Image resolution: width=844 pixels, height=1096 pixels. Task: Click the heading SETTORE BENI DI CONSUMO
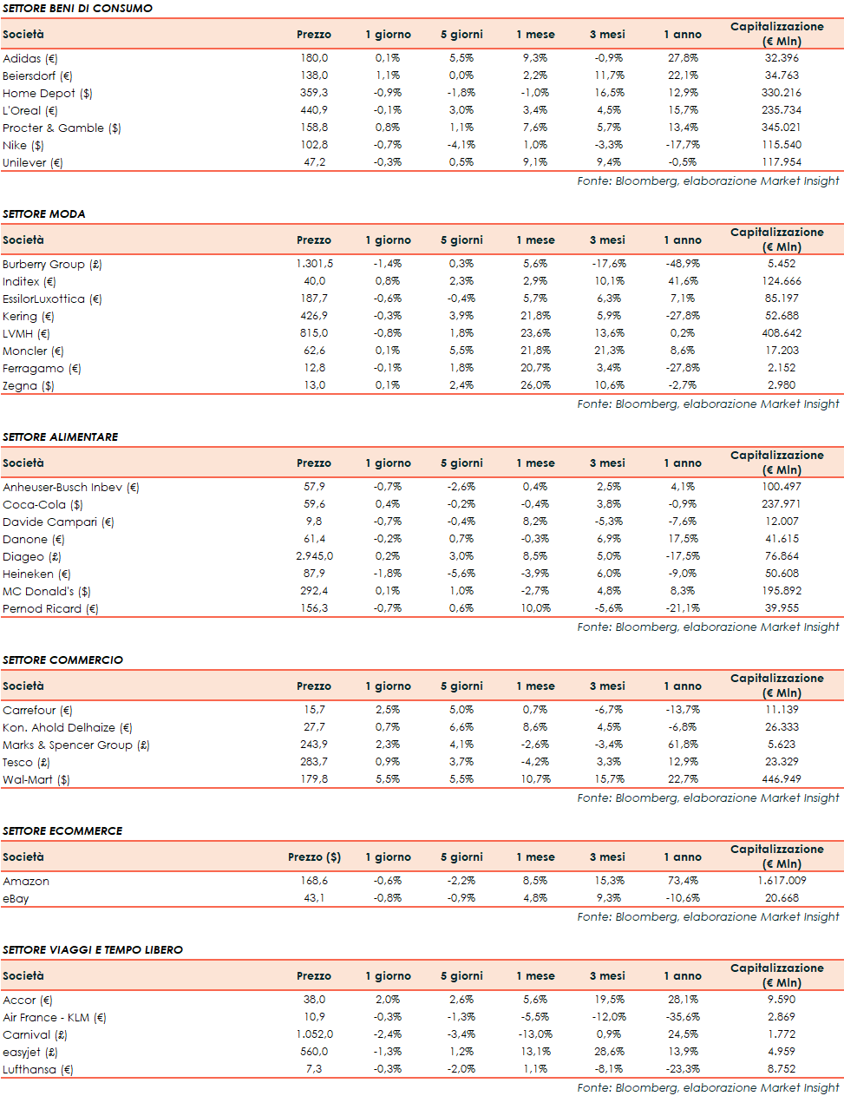click(x=77, y=8)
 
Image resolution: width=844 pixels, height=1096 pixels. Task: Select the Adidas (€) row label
click(x=30, y=58)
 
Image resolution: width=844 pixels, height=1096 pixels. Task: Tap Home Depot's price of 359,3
click(x=314, y=93)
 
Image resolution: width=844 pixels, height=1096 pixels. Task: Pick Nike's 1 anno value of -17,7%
click(x=683, y=145)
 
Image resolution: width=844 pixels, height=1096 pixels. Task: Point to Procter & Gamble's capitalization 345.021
click(x=781, y=128)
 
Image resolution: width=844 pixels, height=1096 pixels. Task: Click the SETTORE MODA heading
click(x=44, y=213)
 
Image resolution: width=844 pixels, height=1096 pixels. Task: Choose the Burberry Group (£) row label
click(x=52, y=264)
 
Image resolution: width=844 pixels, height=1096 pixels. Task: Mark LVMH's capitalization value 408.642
click(x=781, y=333)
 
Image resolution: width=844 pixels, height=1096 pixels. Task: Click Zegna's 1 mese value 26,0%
click(x=535, y=385)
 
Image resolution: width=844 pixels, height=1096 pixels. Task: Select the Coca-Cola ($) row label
click(x=43, y=504)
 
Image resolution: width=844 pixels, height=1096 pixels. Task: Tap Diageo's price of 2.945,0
click(x=314, y=556)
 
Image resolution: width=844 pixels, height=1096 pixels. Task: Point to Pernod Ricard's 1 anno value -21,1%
click(x=683, y=608)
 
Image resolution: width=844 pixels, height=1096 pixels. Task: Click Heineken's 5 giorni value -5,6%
click(x=461, y=574)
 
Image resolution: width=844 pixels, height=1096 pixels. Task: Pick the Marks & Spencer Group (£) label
click(x=75, y=745)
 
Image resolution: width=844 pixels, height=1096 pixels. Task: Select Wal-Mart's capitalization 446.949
click(x=781, y=779)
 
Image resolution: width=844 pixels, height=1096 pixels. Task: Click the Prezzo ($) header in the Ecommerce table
click(x=314, y=856)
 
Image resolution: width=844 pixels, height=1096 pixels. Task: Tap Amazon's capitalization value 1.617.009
click(x=781, y=881)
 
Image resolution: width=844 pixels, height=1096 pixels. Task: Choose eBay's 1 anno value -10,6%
click(x=683, y=898)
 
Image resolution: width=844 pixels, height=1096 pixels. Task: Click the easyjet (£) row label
click(x=29, y=1052)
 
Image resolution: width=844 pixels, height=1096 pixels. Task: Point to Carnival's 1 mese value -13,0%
click(x=535, y=1034)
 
